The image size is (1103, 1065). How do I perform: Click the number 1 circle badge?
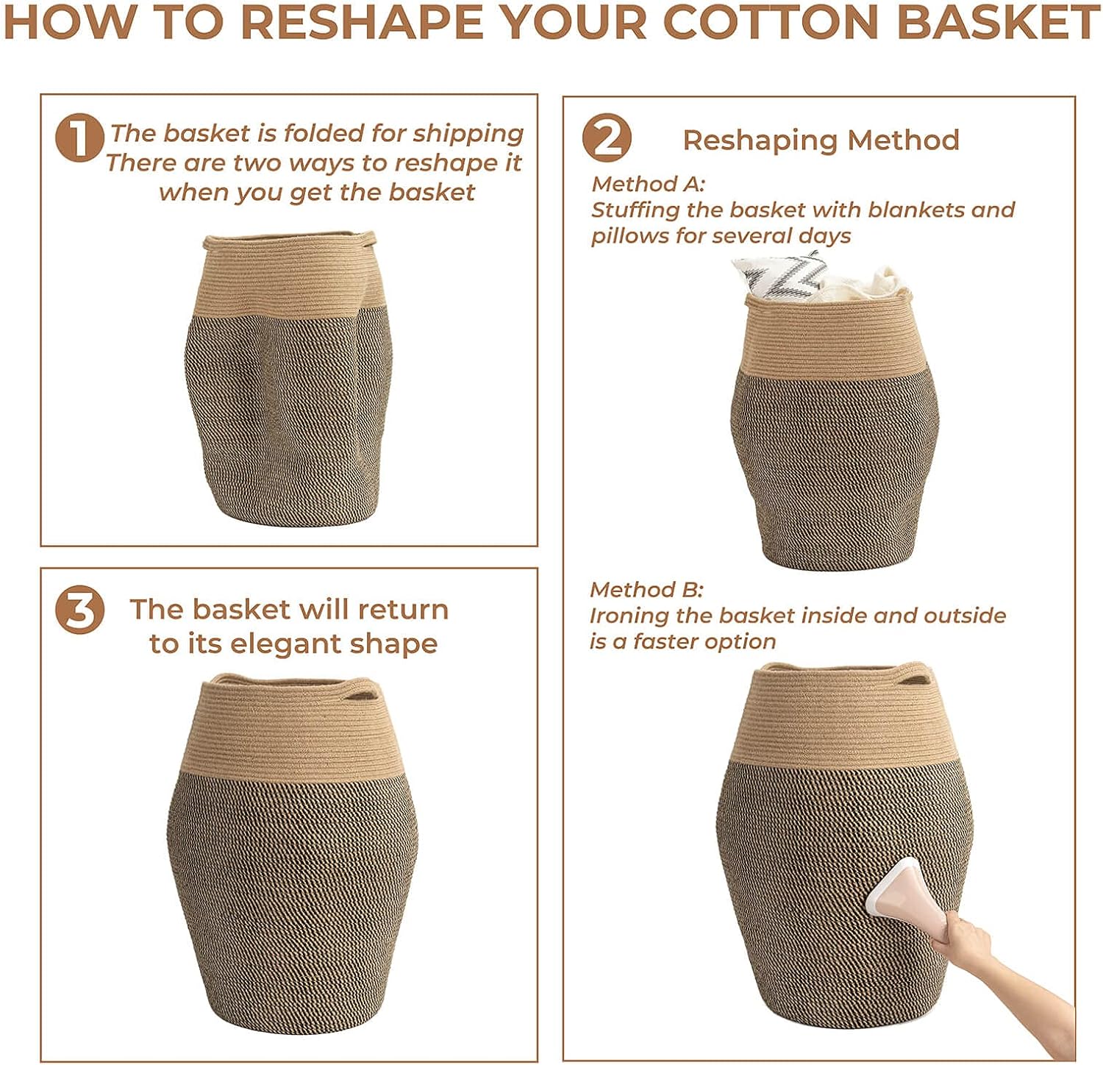point(79,138)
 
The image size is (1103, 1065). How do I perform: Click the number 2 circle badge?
point(607,138)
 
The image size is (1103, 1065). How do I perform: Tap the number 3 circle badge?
point(79,610)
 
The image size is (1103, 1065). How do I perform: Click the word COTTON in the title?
point(771,22)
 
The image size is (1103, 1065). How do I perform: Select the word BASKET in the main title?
point(998,22)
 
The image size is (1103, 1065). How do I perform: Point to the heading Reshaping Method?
point(821,140)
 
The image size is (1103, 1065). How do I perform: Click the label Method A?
point(648,184)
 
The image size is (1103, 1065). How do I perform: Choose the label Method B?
point(646,590)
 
